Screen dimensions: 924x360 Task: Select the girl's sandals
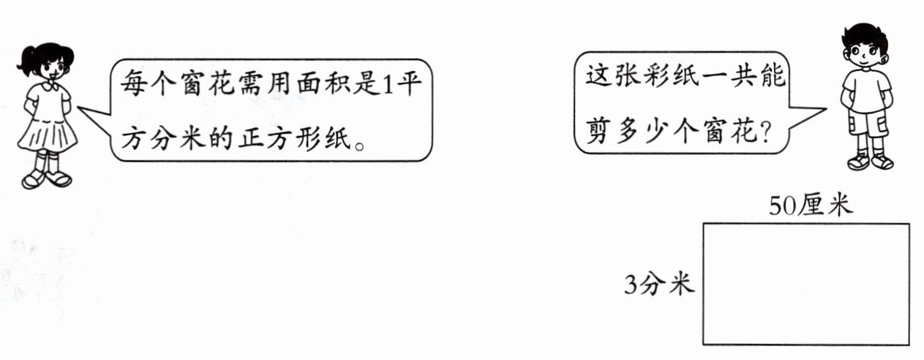[x=46, y=178]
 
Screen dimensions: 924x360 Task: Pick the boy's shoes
[x=870, y=161]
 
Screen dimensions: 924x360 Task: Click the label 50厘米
[x=810, y=206]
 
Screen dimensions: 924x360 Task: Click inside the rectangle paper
[x=805, y=284]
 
